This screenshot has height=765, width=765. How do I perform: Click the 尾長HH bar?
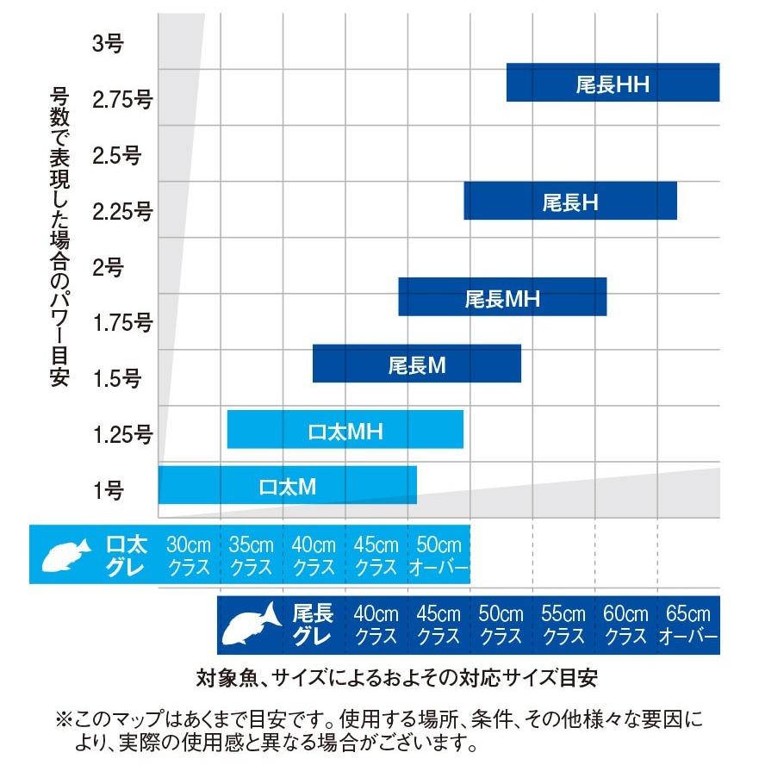click(613, 83)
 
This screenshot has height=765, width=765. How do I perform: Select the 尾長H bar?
click(570, 201)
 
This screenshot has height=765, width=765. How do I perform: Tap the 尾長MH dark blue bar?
click(502, 297)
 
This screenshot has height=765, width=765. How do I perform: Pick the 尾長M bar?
click(417, 364)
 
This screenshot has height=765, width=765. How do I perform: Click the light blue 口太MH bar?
click(345, 429)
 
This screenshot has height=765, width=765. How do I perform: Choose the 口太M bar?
click(288, 485)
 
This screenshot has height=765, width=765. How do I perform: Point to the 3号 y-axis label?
click(109, 43)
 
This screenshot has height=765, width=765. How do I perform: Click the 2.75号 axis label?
click(123, 99)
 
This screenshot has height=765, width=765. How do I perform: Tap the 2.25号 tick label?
click(123, 211)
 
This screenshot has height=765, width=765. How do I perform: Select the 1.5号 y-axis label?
click(115, 378)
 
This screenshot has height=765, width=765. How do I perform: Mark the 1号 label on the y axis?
click(109, 490)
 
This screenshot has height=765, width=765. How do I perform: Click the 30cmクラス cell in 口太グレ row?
click(189, 556)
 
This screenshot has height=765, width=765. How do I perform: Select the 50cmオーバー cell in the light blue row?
click(438, 556)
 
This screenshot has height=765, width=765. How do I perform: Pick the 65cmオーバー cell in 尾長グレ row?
click(687, 625)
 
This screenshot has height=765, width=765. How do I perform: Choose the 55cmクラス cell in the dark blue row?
click(563, 625)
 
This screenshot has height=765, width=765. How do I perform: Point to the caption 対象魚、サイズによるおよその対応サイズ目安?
click(396, 677)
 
